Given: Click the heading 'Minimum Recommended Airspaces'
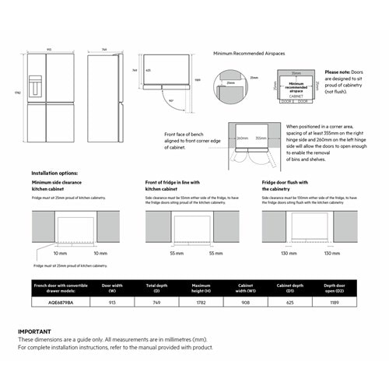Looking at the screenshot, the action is (x=249, y=54).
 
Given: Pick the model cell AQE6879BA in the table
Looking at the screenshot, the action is (x=49, y=302).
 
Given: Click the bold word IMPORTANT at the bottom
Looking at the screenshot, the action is (x=36, y=331).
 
